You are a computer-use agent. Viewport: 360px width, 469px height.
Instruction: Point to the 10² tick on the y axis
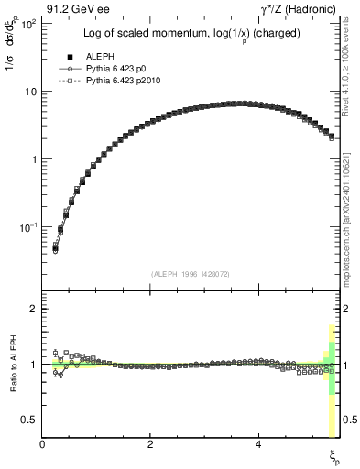(27, 24)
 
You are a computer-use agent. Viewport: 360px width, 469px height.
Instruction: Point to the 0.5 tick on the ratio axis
(29, 420)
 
